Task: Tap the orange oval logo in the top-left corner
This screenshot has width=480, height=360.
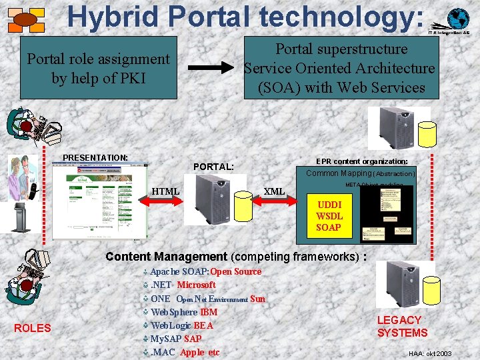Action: click(x=25, y=20)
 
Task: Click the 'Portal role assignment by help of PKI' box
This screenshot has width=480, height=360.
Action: click(x=98, y=68)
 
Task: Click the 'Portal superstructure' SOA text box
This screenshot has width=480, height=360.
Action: click(x=341, y=68)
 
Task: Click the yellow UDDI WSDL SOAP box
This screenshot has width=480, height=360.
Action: click(x=329, y=216)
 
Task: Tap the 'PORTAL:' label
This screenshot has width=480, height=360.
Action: click(x=213, y=167)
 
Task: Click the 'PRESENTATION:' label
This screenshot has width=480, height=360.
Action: click(x=95, y=158)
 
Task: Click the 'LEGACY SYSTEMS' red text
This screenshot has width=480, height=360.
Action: click(x=402, y=326)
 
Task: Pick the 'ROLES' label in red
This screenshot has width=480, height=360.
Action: click(x=32, y=327)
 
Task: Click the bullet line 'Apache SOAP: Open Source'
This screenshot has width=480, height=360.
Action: click(x=205, y=271)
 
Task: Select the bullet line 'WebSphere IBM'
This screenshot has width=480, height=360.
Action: click(x=184, y=312)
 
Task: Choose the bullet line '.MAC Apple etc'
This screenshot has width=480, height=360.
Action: click(x=184, y=352)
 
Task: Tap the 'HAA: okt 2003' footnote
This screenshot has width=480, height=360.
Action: click(x=430, y=353)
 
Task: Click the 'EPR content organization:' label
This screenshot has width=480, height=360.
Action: click(x=362, y=161)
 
